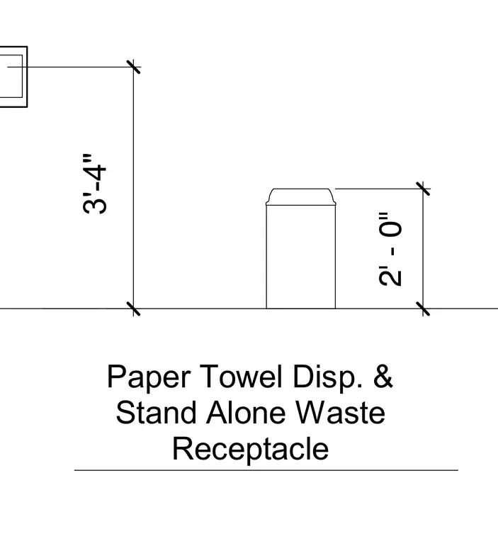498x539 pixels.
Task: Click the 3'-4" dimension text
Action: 95,184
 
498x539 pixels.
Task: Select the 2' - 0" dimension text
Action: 390,249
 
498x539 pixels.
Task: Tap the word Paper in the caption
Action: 149,377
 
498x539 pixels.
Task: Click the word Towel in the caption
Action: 241,376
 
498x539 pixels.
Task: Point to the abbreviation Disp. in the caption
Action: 327,377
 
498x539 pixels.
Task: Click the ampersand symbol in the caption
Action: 383,376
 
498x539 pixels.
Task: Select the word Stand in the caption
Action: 157,413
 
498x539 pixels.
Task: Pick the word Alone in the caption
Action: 246,413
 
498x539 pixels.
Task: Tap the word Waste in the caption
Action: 340,413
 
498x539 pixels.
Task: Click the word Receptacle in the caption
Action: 250,449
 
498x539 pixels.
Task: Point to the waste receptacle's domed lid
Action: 301,196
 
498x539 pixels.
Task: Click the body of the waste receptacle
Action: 301,257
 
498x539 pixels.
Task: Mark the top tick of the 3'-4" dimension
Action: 133,67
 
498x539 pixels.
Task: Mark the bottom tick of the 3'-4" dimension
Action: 133,309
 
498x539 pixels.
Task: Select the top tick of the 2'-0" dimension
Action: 423,189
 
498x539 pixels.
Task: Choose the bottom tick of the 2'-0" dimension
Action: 423,309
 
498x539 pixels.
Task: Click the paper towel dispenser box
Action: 13,77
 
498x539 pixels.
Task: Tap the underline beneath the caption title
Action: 266,470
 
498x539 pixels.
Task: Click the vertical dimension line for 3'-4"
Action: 133,188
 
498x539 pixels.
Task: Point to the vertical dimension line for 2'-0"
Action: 423,248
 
